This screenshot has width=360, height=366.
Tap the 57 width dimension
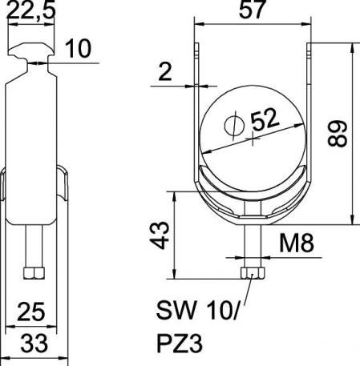tap(251, 11)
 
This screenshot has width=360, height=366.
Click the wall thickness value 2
tap(165, 73)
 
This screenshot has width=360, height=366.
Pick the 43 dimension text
tap(160, 236)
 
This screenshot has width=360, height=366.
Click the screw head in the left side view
tap(33, 273)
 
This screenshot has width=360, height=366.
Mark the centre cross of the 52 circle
tap(253, 139)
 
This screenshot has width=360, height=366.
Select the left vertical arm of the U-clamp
tap(196, 104)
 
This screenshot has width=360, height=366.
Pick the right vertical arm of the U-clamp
tap(309, 104)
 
